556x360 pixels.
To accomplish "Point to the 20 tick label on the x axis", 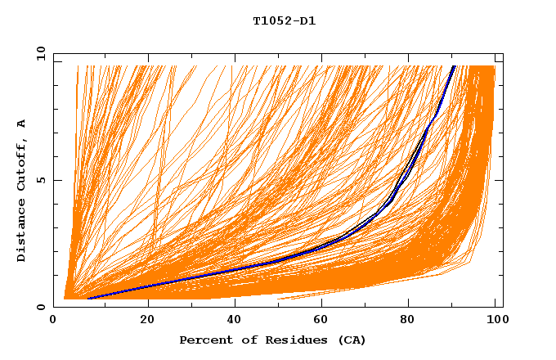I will pos(148,318).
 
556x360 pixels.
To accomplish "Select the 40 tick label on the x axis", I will pos(235,318).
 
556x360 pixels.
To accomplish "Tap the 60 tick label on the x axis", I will pos(321,318).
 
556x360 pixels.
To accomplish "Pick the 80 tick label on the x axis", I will pos(408,318).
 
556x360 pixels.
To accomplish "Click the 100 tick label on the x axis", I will pos(495,318).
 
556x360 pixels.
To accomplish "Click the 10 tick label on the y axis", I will pos(38,54).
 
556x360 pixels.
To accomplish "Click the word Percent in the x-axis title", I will pos(202,340).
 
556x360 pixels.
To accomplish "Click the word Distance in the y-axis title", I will pos(22,232).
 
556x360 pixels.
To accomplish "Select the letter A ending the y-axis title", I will pos(22,123).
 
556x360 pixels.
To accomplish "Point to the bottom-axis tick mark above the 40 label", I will pos(235,304).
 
